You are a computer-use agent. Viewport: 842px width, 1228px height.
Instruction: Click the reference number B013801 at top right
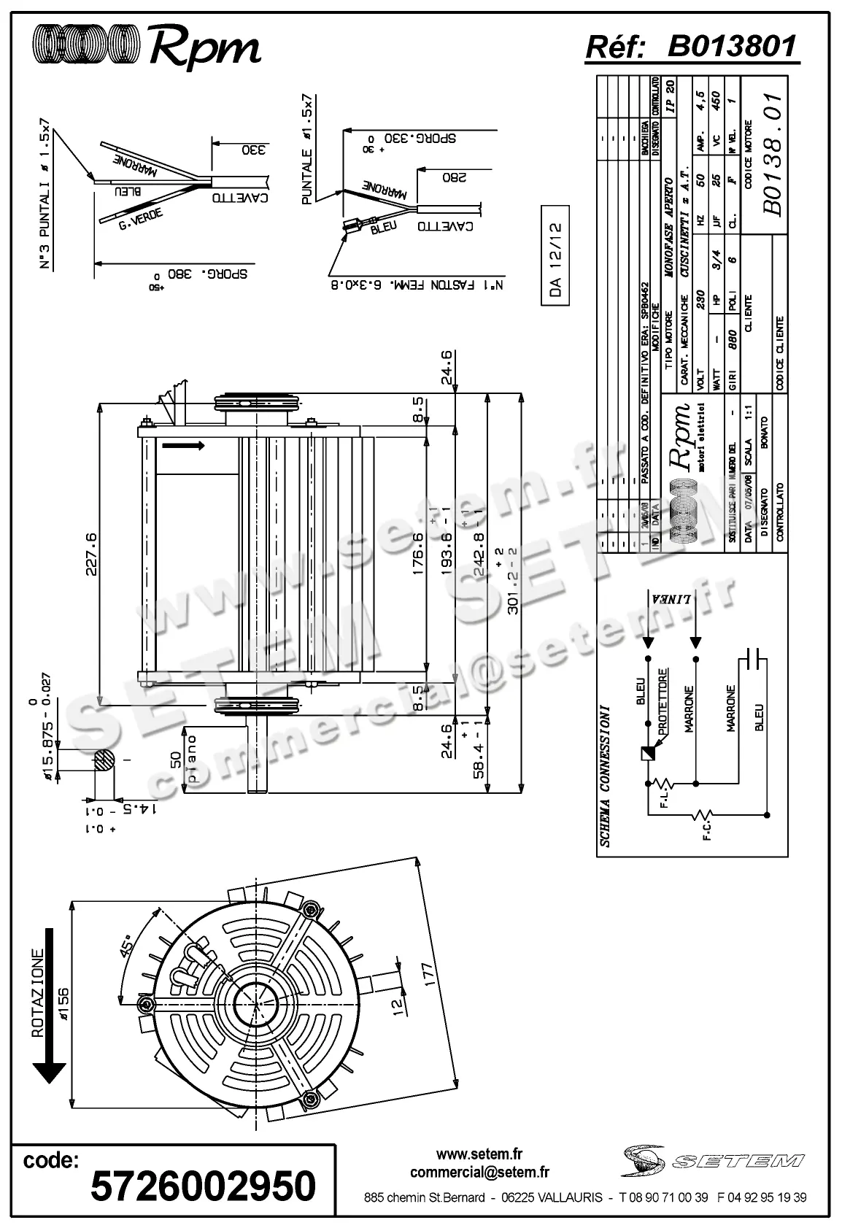[732, 47]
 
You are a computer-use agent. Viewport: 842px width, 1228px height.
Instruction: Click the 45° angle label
[126, 946]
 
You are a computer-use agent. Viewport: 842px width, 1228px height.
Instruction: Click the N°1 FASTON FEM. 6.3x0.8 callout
[412, 284]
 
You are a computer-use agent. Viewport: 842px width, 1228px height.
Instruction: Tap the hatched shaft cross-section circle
[104, 760]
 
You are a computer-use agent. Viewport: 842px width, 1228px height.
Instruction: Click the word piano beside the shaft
[193, 759]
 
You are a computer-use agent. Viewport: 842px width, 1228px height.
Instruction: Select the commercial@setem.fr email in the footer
[479, 1173]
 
